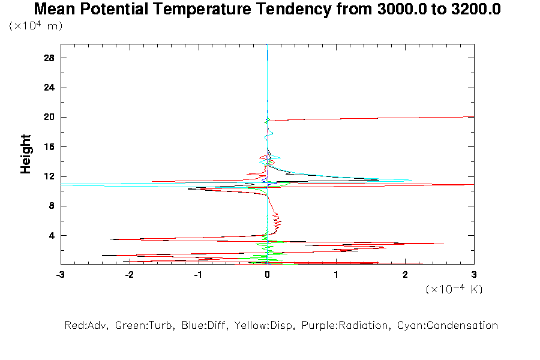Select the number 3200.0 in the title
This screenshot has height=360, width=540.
tap(471, 10)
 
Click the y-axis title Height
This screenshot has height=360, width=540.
tap(26, 155)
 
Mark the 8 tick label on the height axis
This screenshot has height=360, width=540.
tap(52, 206)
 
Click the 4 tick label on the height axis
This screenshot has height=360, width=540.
tap(52, 235)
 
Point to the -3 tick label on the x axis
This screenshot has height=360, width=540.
tap(60, 274)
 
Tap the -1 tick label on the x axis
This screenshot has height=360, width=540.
tap(197, 274)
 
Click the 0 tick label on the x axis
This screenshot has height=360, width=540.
tap(267, 274)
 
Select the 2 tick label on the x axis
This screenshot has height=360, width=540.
tap(405, 274)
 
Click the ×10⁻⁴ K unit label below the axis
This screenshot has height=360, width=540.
tap(454, 289)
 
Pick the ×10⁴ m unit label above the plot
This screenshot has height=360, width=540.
tap(36, 26)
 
